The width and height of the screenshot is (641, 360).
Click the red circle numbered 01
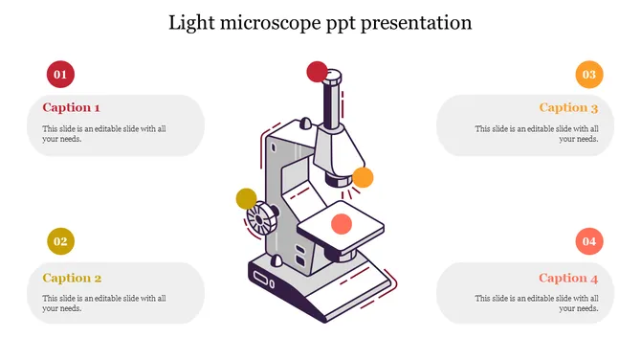coord(60,74)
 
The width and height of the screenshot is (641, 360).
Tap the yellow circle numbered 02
coord(60,241)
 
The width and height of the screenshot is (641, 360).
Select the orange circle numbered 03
coord(588,74)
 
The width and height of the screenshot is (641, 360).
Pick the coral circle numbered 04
coord(588,241)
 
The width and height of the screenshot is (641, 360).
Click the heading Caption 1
coord(71,108)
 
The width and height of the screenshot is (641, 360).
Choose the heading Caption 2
coord(72,279)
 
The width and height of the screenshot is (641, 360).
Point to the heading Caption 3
coord(568,108)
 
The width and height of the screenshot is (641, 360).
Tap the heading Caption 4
coord(568,279)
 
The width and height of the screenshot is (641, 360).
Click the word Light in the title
coord(191,22)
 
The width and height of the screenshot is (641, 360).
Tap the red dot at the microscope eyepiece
coord(317,72)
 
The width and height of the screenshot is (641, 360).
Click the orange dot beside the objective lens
coord(363,177)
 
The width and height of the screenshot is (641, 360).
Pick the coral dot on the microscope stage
coord(341,225)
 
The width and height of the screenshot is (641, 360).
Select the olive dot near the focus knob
coord(247,199)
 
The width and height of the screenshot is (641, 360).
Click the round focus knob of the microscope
coord(259,222)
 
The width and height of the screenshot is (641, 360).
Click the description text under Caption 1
coord(104,133)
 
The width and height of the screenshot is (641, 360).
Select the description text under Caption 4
coord(537,304)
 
